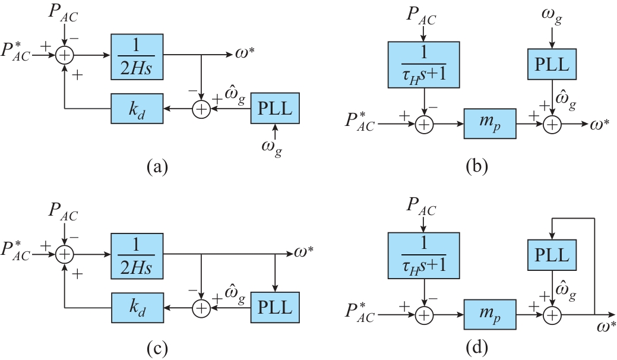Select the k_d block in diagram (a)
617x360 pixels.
[x=137, y=109]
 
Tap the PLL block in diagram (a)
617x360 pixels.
[x=275, y=109]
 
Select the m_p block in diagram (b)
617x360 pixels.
[x=491, y=124]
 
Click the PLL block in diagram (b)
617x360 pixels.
[x=553, y=64]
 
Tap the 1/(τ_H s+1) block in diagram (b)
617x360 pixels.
[x=423, y=64]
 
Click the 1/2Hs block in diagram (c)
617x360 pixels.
[x=137, y=254]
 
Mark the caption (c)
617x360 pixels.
[x=157, y=346]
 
